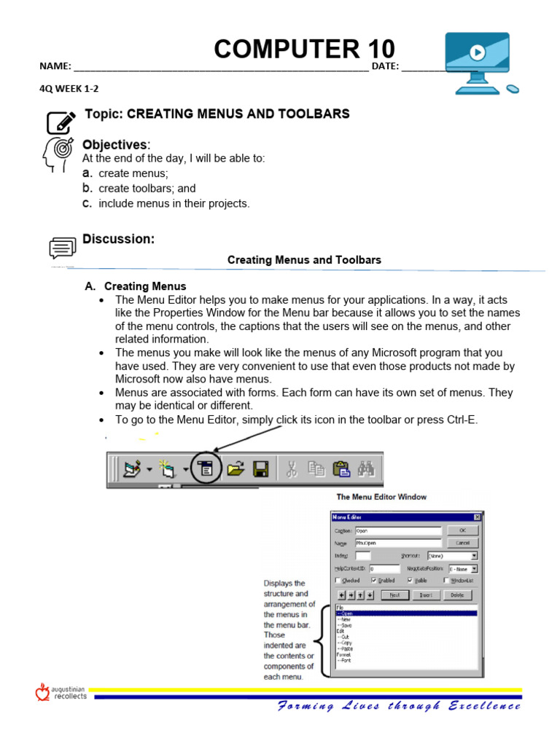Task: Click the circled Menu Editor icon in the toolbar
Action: point(206,468)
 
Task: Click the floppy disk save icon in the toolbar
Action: point(261,468)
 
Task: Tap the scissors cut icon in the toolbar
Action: point(291,468)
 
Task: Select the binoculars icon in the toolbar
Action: point(365,468)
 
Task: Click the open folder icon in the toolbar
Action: point(235,468)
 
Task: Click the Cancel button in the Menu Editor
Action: point(462,543)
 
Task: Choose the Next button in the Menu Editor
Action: point(394,594)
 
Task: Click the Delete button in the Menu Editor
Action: point(457,594)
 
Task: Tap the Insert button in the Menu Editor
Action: point(426,594)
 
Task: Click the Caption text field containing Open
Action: point(397,531)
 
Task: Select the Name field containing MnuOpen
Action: point(397,543)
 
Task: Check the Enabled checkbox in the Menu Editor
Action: point(374,581)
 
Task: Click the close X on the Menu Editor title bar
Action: point(477,517)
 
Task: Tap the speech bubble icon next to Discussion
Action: point(62,248)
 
